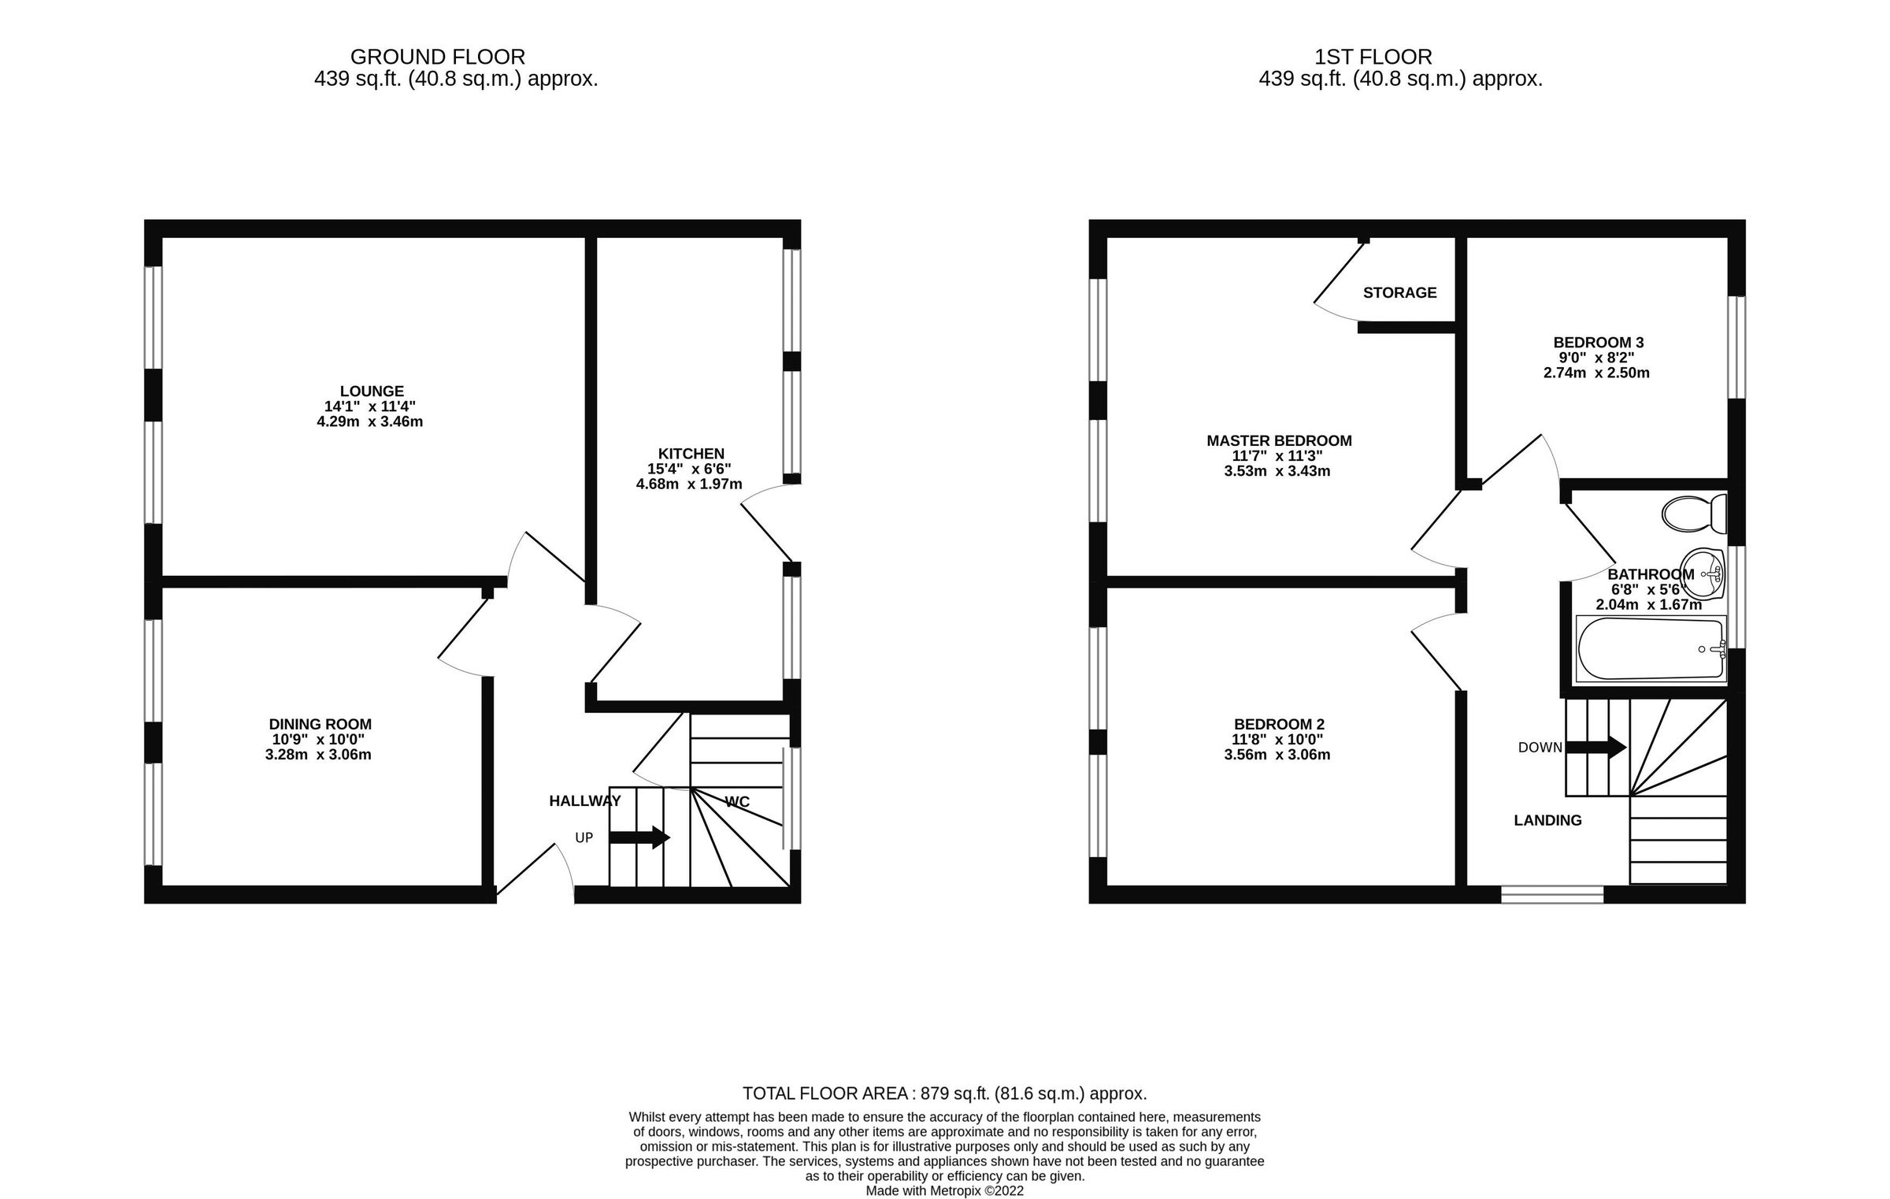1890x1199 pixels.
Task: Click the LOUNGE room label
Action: click(x=372, y=392)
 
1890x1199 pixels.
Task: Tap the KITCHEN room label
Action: click(x=691, y=454)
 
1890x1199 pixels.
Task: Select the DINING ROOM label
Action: click(x=320, y=725)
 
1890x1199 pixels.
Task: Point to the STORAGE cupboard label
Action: click(x=1399, y=293)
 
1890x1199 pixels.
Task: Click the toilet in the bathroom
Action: click(x=1693, y=514)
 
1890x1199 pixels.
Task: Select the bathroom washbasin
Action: click(x=1702, y=571)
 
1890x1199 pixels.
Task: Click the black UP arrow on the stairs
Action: click(x=639, y=837)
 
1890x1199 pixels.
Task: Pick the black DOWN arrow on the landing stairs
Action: click(x=1595, y=747)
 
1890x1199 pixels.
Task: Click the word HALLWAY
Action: click(x=584, y=801)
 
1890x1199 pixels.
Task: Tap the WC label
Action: click(x=736, y=802)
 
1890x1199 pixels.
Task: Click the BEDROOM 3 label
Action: click(x=1598, y=343)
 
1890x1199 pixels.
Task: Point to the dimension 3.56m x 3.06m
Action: click(x=1277, y=755)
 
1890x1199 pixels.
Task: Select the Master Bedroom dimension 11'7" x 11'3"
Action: click(x=1277, y=456)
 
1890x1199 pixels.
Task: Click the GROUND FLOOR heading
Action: click(x=437, y=57)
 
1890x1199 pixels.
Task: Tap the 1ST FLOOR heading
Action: click(x=1373, y=57)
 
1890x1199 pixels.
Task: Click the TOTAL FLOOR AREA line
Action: click(x=944, y=1093)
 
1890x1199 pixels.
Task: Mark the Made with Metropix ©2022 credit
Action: click(x=944, y=1191)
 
